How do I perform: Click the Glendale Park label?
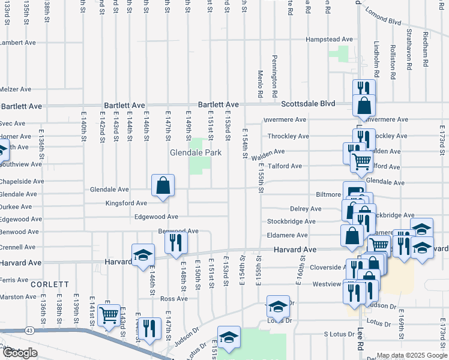click(196, 153)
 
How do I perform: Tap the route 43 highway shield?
click(30, 330)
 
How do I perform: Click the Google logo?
click(20, 353)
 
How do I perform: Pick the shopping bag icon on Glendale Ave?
click(163, 186)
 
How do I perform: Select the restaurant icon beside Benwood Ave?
click(176, 243)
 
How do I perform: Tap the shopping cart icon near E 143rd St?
click(109, 315)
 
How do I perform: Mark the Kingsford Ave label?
click(126, 203)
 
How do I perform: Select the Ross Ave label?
click(174, 299)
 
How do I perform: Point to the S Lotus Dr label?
click(341, 334)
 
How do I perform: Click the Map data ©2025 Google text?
click(411, 355)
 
